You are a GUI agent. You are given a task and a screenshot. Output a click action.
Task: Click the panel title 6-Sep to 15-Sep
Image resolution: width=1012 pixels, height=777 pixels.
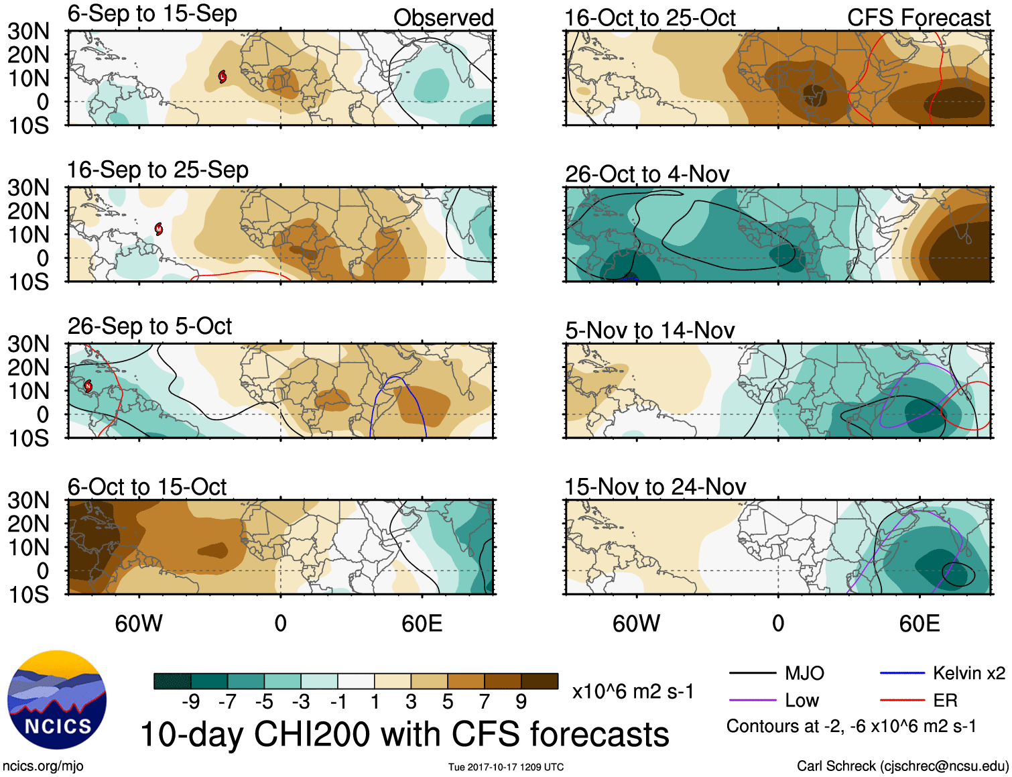(152, 14)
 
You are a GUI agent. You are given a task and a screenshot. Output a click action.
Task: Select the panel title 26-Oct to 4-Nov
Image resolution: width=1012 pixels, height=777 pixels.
(647, 174)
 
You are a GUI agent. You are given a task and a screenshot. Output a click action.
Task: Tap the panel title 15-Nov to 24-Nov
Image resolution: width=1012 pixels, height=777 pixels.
(655, 487)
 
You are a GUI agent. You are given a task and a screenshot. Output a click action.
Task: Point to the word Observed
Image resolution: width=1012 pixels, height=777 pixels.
(443, 18)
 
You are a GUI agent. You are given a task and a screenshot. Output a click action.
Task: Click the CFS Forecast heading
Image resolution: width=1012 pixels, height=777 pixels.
(918, 18)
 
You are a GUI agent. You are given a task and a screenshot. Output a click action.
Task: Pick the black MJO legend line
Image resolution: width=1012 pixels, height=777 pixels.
(752, 673)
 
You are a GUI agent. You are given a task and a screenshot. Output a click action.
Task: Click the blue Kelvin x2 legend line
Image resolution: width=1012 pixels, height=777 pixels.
(902, 673)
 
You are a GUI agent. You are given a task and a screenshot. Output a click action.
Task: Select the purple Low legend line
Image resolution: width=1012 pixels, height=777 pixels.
(752, 701)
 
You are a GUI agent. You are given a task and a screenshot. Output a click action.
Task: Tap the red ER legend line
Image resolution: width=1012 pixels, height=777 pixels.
(902, 701)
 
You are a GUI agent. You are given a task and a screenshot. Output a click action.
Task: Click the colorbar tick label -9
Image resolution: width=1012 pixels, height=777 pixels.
(190, 702)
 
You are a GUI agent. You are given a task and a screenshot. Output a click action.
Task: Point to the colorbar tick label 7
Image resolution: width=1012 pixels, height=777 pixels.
(485, 702)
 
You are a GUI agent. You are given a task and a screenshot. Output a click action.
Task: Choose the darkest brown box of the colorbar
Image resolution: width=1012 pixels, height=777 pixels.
(540, 681)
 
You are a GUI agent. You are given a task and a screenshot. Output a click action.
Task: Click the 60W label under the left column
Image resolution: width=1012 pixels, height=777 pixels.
(139, 623)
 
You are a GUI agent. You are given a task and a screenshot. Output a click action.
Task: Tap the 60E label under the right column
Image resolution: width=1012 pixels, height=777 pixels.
(919, 623)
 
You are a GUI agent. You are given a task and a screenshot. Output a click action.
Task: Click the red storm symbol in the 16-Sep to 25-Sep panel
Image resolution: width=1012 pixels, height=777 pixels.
(159, 229)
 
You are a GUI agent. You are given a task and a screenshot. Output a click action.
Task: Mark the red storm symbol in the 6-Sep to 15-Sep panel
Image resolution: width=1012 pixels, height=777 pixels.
(223, 77)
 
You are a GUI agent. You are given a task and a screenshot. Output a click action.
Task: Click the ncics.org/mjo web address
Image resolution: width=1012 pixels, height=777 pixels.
(43, 766)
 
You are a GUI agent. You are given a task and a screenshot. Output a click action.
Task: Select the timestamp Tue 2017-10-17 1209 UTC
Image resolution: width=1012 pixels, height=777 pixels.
(506, 767)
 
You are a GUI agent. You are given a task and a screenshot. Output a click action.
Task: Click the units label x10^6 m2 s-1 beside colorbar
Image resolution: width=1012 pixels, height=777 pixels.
(633, 691)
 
